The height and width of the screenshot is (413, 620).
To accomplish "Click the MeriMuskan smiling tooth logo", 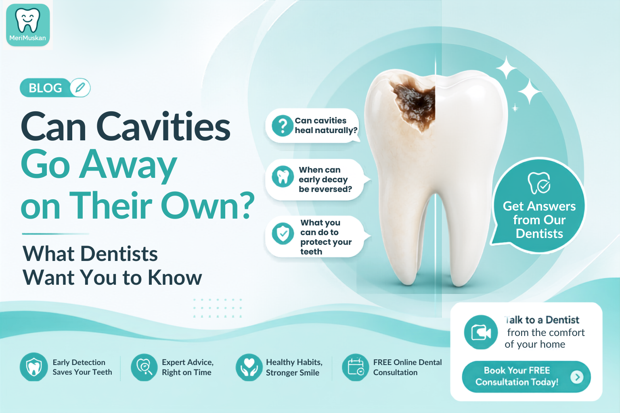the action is click(x=28, y=25).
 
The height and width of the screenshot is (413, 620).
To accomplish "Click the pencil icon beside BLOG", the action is click(x=80, y=88).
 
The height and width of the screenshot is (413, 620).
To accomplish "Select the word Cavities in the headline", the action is click(x=163, y=127).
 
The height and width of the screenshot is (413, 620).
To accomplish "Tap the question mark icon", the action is click(x=282, y=126).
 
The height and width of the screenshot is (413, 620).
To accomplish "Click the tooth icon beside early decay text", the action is click(x=283, y=177).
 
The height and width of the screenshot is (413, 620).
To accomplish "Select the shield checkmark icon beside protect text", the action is click(x=283, y=234).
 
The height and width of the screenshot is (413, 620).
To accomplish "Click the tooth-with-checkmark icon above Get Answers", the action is click(x=539, y=183).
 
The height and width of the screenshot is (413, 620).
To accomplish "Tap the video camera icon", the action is click(x=481, y=332).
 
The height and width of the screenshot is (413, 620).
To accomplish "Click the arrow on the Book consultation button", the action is click(x=577, y=377).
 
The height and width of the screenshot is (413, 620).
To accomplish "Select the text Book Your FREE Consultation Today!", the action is click(x=517, y=376).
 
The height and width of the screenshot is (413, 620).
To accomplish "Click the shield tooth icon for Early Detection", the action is click(x=34, y=367).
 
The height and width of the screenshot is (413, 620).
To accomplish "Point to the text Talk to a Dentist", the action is click(x=542, y=320).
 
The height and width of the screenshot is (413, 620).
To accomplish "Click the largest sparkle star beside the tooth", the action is click(x=529, y=92).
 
